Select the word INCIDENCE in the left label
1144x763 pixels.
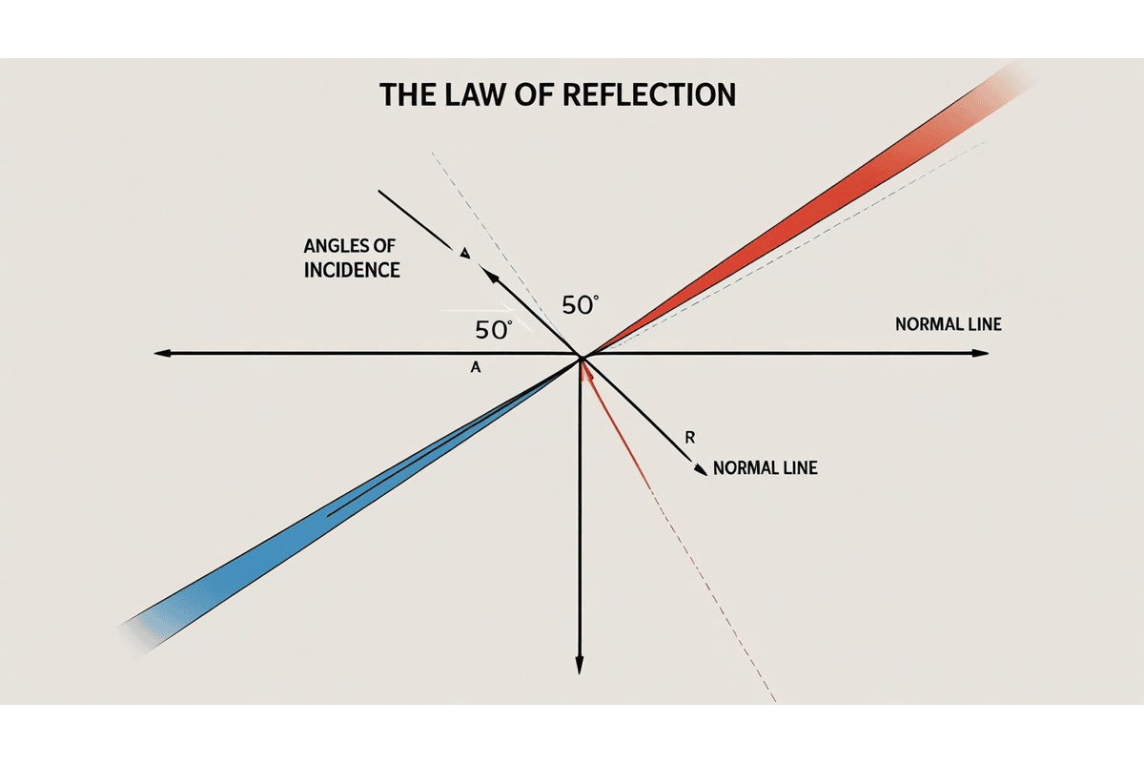coord(352,270)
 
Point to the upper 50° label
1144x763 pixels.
coord(581,305)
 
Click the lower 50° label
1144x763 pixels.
coord(493,331)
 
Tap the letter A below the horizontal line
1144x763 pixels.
coord(475,366)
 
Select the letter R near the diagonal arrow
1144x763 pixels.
coord(690,438)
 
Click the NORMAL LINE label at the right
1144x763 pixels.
coord(949,324)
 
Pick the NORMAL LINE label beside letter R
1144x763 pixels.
coord(765,469)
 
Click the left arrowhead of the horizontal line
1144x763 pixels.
coord(162,354)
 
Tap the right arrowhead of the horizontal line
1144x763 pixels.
coord(981,354)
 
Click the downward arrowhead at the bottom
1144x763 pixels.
coord(580,666)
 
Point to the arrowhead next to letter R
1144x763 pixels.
coord(703,468)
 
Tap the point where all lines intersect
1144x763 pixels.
coord(581,357)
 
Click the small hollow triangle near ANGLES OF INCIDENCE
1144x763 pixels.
coord(464,253)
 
